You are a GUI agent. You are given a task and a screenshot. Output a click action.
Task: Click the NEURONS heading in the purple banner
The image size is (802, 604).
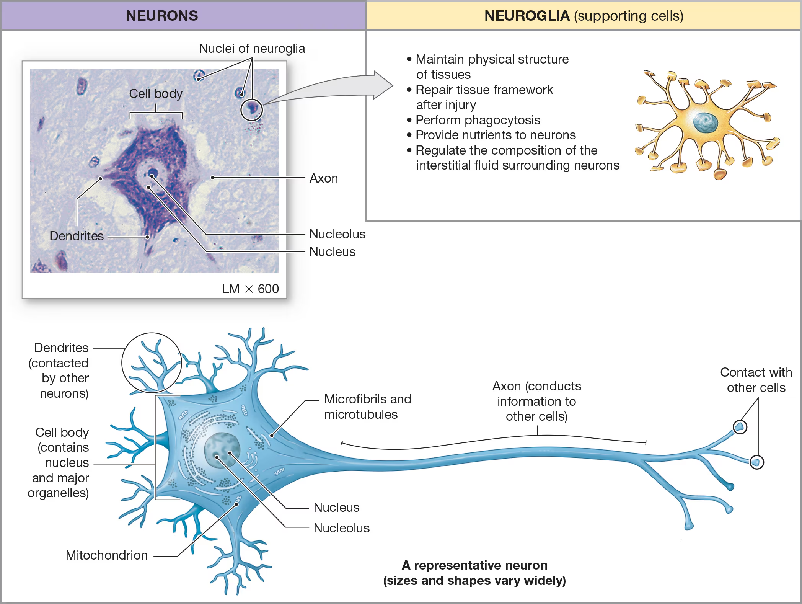[x=162, y=16]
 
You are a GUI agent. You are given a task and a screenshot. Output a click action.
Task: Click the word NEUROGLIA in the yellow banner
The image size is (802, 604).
[x=527, y=16]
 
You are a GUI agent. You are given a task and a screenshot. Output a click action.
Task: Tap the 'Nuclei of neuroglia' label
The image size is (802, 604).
[x=252, y=49]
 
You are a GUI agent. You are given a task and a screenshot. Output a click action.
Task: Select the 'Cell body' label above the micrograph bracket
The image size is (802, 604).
[x=156, y=94]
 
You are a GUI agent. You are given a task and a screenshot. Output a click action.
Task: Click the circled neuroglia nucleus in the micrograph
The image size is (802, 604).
[x=251, y=109]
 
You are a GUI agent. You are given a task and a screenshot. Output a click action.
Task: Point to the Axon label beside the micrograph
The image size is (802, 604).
[x=323, y=178]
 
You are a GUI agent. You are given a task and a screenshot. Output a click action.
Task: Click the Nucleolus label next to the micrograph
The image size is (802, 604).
[x=337, y=234]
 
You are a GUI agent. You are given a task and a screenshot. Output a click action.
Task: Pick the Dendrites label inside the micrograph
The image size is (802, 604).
[x=77, y=236]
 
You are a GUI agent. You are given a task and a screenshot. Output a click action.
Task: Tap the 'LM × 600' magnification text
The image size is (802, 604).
[x=250, y=289]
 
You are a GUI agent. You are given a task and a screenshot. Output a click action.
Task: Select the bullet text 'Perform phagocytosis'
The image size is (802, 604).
[x=478, y=120]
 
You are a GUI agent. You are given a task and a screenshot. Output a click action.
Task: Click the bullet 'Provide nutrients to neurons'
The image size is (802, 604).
[x=496, y=135]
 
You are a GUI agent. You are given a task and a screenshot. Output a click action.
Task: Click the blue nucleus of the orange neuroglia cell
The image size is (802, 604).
[x=705, y=122]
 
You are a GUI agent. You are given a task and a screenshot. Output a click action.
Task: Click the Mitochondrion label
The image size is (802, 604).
[x=106, y=555]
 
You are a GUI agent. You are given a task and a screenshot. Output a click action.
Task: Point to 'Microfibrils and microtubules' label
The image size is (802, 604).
[x=367, y=406]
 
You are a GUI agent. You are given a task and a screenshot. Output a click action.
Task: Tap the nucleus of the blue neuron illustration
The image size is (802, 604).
[x=222, y=450]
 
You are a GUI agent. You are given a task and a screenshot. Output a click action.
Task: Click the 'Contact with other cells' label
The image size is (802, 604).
[x=756, y=380]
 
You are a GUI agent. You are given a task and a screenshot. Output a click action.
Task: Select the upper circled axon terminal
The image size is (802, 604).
[x=740, y=427]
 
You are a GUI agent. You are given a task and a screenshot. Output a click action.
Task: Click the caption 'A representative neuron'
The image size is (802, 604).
[x=474, y=565]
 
